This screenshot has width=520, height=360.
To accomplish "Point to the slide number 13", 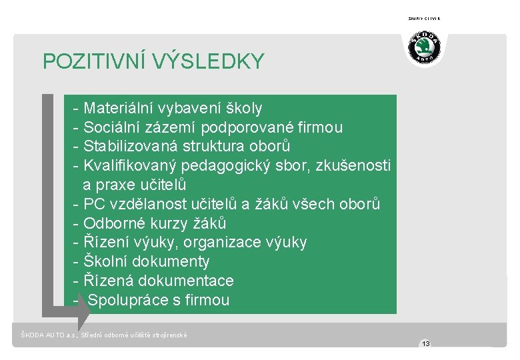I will point(425,344).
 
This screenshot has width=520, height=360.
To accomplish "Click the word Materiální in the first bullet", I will point(119,108).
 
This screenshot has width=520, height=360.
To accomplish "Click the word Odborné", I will point(111,223).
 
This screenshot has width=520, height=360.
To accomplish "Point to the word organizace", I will point(226,242).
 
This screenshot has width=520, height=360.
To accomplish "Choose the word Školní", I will point(106,261).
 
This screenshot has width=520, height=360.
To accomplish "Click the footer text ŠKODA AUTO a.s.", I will point(48,335).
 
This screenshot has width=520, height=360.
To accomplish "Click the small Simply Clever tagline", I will point(424,19).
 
